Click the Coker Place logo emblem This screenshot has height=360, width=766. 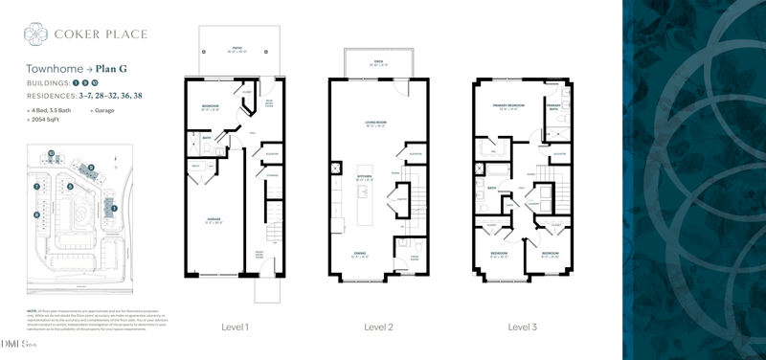tap(35, 34)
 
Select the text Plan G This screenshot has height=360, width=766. tap(111, 69)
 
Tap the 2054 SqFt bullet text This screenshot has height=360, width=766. tap(46, 120)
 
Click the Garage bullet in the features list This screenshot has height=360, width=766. tap(103, 110)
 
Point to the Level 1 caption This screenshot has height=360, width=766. tap(235, 327)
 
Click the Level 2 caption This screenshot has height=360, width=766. tap(378, 327)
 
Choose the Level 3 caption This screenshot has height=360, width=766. tap(522, 327)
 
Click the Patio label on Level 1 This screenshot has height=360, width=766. tap(236, 49)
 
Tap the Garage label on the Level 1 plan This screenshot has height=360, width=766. tap(214, 220)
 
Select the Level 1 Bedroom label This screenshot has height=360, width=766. tap(211, 105)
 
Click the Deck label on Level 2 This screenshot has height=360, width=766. tap(378, 61)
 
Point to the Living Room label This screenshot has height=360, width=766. tap(374, 123)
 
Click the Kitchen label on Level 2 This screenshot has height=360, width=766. tap(364, 177)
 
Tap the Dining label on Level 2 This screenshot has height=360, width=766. tap(359, 253)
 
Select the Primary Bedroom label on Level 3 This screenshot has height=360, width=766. tap(507, 104)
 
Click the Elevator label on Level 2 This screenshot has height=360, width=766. tap(416, 153)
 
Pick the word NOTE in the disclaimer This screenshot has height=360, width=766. tap(32, 310)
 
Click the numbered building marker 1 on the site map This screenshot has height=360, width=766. tap(113, 208)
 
